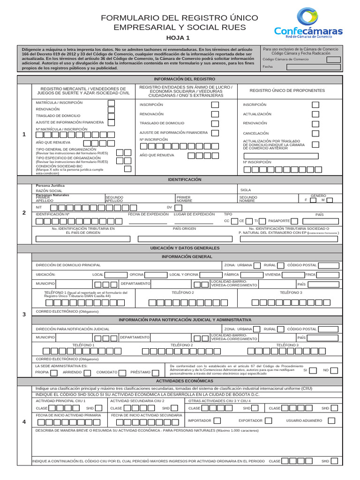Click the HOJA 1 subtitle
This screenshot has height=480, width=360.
pyautogui.click(x=178, y=38)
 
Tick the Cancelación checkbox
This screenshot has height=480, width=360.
pyautogui.click(x=315, y=133)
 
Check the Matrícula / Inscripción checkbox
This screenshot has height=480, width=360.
pyautogui.click(x=111, y=103)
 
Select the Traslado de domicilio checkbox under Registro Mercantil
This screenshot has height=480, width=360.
pyautogui.click(x=111, y=116)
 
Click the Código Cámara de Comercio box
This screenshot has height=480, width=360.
pyautogui.click(x=334, y=60)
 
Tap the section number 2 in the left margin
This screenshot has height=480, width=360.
pyautogui.click(x=24, y=213)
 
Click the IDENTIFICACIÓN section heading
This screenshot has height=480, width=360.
pyautogui.click(x=184, y=180)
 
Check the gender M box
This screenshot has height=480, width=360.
pyautogui.click(x=330, y=200)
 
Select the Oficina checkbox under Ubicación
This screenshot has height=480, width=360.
pyautogui.click(x=151, y=274)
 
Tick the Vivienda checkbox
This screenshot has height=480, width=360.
pyautogui.click(x=286, y=274)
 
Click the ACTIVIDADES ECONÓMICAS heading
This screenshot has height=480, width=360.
pyautogui.click(x=184, y=381)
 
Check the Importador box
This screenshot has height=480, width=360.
pyautogui.click(x=217, y=420)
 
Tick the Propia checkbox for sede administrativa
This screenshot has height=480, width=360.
pyautogui.click(x=54, y=373)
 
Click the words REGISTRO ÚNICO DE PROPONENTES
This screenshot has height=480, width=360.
pyautogui.click(x=287, y=90)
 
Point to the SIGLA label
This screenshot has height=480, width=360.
pyautogui.click(x=246, y=190)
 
